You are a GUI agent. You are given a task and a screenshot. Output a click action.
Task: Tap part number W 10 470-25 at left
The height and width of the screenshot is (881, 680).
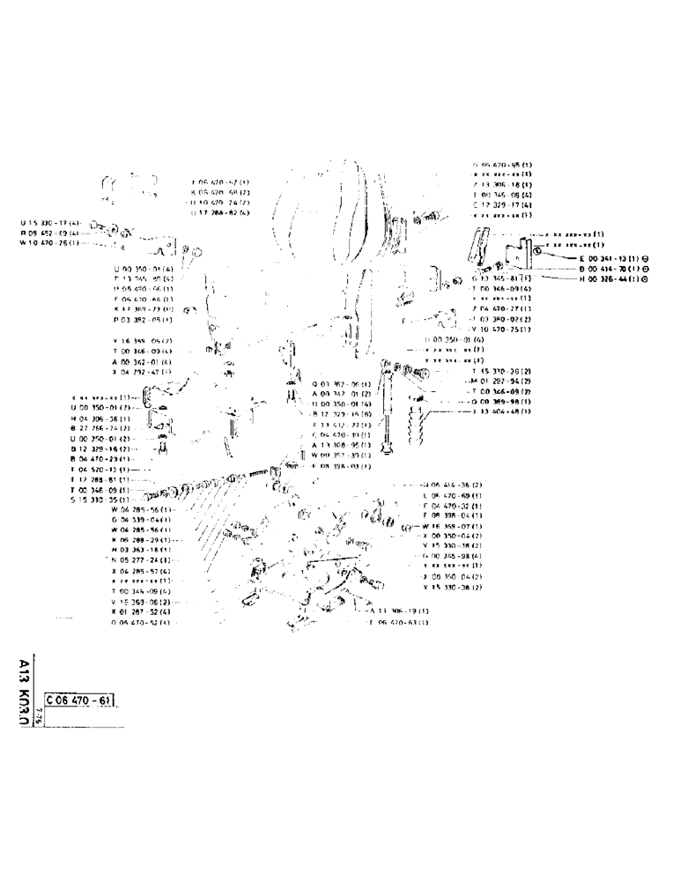[x=51, y=242]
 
